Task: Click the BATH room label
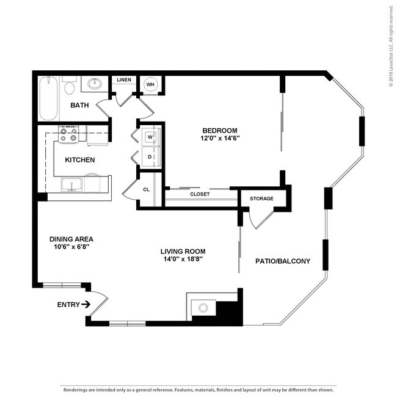click(79, 105)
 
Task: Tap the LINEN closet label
click(124, 80)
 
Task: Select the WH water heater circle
click(150, 84)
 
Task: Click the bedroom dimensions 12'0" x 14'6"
click(220, 138)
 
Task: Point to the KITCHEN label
click(80, 160)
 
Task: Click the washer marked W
click(149, 136)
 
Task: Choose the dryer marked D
click(149, 156)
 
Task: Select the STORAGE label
click(261, 198)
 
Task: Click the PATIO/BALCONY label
click(283, 261)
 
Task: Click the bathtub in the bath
click(49, 98)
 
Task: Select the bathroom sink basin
click(95, 84)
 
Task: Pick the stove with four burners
click(68, 134)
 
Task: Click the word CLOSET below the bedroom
click(200, 194)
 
